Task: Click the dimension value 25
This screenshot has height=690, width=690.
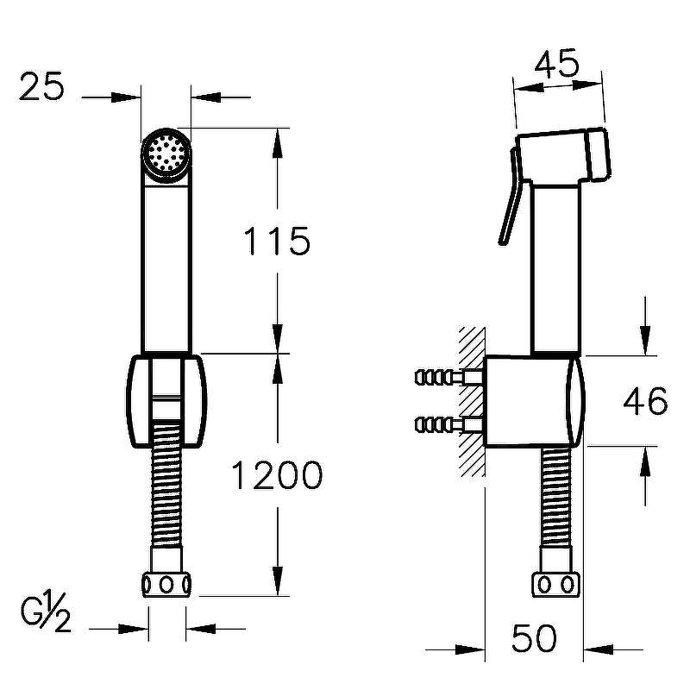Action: pyautogui.click(x=41, y=86)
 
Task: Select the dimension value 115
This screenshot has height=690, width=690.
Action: pyautogui.click(x=277, y=241)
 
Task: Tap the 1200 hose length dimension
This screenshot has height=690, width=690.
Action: pyautogui.click(x=277, y=475)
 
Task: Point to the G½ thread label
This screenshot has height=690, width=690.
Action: pyautogui.click(x=46, y=612)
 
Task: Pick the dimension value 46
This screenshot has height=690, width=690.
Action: pyautogui.click(x=645, y=401)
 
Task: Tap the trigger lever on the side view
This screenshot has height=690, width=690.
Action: pyautogui.click(x=510, y=196)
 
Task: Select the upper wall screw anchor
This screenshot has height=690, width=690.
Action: pyautogui.click(x=449, y=377)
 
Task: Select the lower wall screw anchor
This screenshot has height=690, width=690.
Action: pyautogui.click(x=449, y=424)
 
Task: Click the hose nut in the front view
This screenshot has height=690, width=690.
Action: pyautogui.click(x=166, y=585)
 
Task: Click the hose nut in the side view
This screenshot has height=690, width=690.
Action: pyautogui.click(x=556, y=585)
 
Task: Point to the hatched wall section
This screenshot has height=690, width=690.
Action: pyautogui.click(x=472, y=401)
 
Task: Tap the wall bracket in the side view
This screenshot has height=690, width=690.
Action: pyautogui.click(x=534, y=400)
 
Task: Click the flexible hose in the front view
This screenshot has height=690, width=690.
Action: pyautogui.click(x=166, y=483)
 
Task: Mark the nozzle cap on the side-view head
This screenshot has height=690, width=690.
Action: pyautogui.click(x=599, y=154)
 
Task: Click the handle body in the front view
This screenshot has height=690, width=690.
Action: pyautogui.click(x=166, y=268)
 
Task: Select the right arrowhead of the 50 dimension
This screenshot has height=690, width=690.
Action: pyautogui.click(x=599, y=649)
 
